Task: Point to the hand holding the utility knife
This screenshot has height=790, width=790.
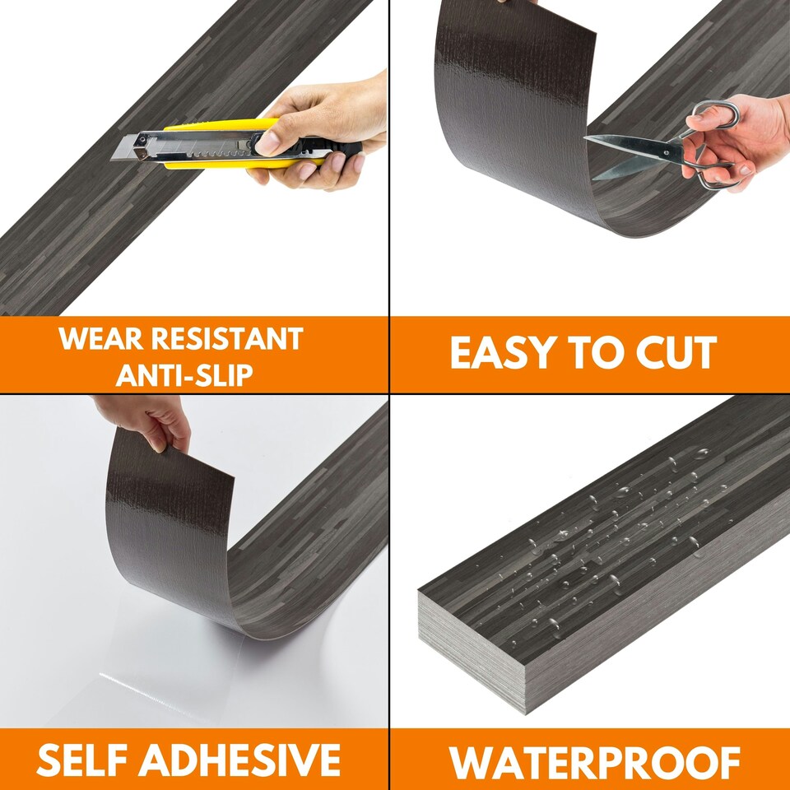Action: click(x=329, y=123)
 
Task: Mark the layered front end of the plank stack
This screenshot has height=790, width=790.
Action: click(x=469, y=650)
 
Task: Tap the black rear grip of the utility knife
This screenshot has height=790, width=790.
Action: click(x=342, y=150)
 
